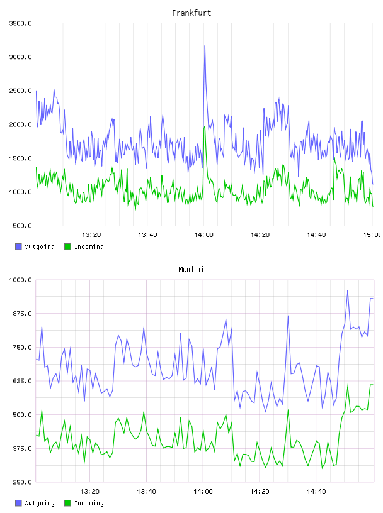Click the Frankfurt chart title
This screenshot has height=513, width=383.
(191, 13)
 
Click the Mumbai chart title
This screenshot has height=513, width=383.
(191, 270)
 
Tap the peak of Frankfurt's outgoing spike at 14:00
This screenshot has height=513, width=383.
(205, 46)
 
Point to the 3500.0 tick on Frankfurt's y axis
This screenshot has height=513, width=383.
(20, 23)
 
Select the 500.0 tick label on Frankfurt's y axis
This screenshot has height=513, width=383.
(22, 226)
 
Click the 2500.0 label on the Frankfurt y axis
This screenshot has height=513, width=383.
(20, 91)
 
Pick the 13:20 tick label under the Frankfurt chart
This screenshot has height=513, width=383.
(91, 234)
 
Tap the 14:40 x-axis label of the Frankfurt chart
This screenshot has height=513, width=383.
(316, 234)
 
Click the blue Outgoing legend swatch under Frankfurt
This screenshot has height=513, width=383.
(18, 246)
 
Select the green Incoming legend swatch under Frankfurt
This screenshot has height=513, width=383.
(67, 246)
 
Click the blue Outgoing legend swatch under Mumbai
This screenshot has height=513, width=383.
(18, 503)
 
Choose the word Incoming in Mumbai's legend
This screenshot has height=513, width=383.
(89, 503)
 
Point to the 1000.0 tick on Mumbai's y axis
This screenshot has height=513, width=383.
(20, 280)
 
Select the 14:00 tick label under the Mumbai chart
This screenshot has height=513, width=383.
(203, 491)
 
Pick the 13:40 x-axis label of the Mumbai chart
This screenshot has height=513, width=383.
(147, 491)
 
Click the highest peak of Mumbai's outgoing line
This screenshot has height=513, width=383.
(348, 290)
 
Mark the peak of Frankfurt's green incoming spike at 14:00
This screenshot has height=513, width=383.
(205, 126)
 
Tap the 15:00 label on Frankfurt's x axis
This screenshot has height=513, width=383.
(372, 234)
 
